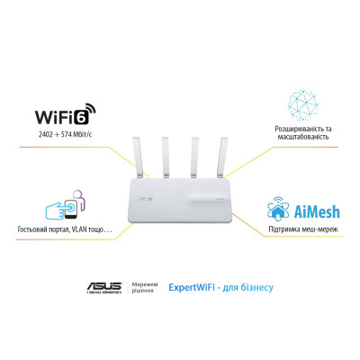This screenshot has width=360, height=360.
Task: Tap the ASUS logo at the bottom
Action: click(103, 287)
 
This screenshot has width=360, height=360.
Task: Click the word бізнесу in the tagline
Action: click(258, 289)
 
